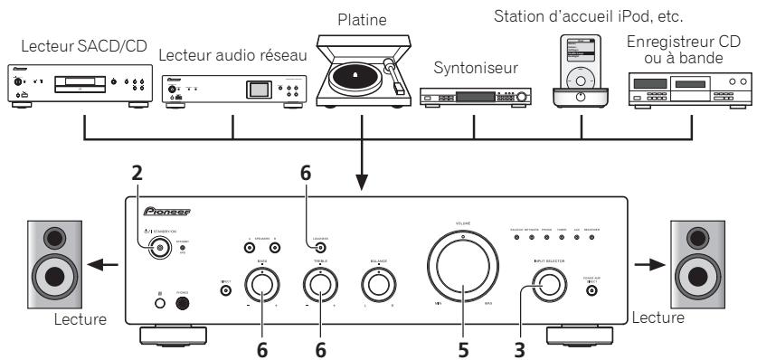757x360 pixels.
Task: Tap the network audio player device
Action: [x=232, y=90]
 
